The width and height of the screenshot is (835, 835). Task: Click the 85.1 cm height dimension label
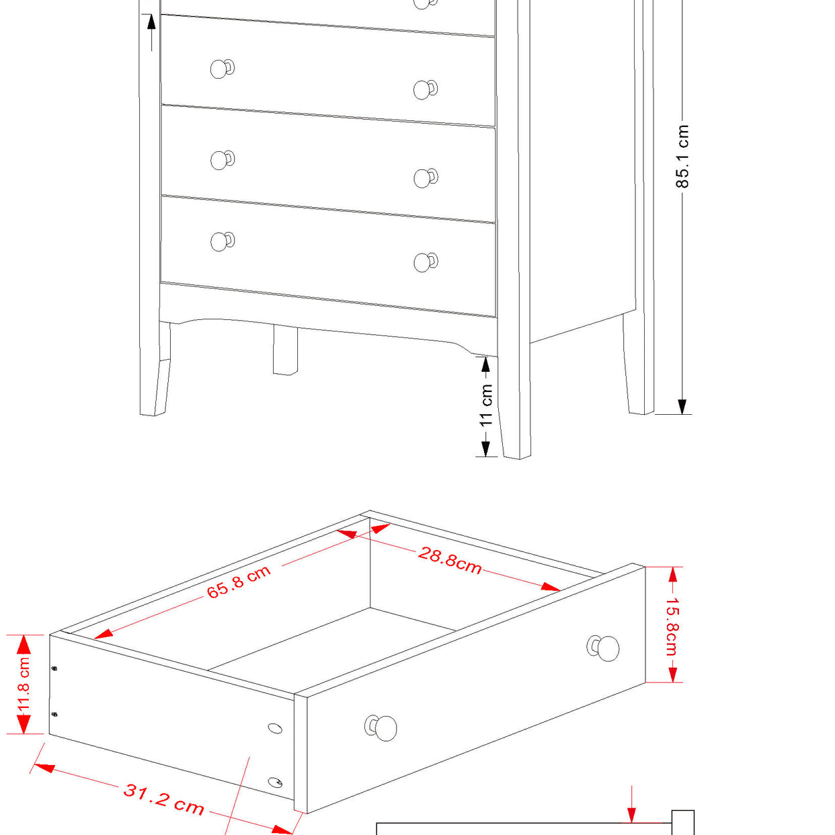[682, 156]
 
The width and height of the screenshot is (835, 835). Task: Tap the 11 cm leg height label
[486, 405]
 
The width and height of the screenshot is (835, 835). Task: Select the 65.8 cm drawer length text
[239, 582]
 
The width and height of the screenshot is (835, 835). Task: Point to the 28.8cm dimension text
[450, 560]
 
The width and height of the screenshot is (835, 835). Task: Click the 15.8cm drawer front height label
[672, 627]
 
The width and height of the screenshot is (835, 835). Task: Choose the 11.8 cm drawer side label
[24, 684]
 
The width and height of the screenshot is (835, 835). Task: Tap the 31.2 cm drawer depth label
[164, 799]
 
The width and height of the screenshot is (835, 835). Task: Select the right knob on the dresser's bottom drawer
[424, 262]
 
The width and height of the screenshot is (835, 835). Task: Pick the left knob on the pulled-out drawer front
[383, 727]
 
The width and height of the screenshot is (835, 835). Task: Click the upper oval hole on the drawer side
[275, 728]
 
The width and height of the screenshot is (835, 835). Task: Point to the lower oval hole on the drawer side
[275, 783]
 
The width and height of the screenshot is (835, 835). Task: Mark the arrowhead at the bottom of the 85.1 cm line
[682, 406]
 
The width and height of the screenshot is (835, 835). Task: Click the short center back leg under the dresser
[285, 350]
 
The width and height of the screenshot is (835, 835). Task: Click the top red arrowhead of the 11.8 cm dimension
[24, 645]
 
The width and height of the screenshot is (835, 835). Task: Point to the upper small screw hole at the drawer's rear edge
[54, 668]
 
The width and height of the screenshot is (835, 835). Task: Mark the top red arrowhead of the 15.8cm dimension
[672, 575]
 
